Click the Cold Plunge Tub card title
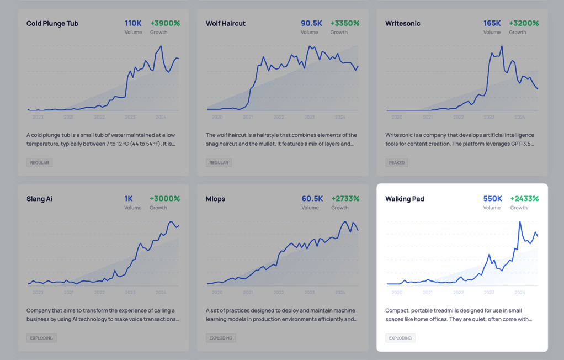click(x=52, y=23)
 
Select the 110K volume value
click(x=133, y=23)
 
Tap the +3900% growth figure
click(x=165, y=23)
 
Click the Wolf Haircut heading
click(x=225, y=23)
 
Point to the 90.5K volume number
click(x=311, y=23)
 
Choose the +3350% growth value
click(x=345, y=23)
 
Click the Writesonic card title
click(x=402, y=23)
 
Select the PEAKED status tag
click(x=396, y=163)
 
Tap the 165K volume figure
click(x=492, y=23)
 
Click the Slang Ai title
click(x=39, y=199)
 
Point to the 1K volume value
click(x=129, y=199)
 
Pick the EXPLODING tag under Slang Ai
click(x=41, y=338)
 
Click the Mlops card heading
click(x=215, y=199)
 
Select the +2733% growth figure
click(x=345, y=199)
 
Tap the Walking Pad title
click(x=405, y=199)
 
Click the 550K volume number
click(x=492, y=199)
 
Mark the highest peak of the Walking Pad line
click(x=520, y=222)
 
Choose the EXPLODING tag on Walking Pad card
click(x=400, y=338)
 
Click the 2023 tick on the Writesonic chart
click(x=489, y=117)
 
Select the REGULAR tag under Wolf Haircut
click(x=219, y=163)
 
